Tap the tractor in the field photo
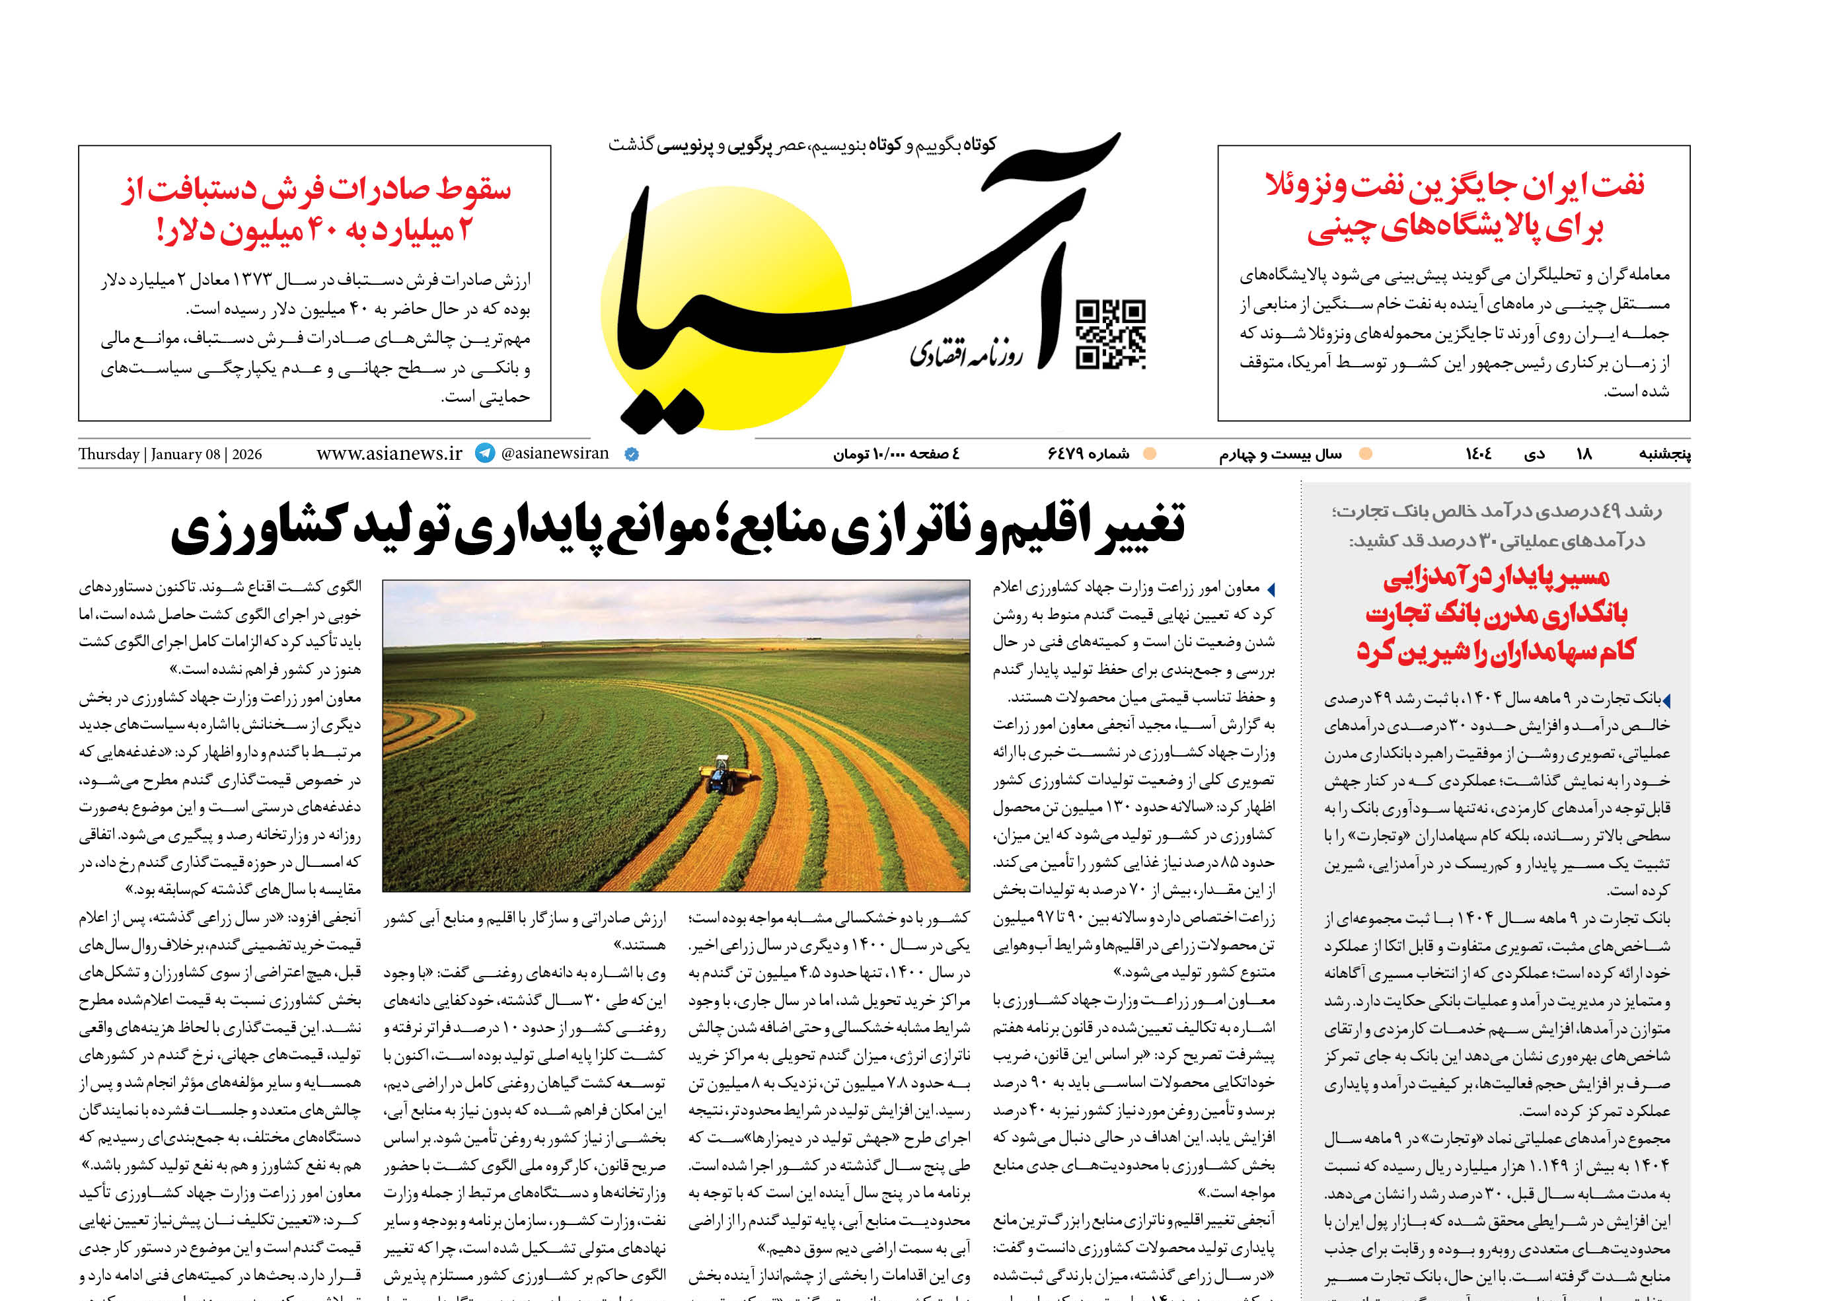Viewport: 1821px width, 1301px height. click(719, 774)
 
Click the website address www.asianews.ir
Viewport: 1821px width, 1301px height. click(389, 453)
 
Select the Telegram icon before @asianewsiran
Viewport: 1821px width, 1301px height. click(485, 453)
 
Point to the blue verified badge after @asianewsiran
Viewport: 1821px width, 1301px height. click(631, 454)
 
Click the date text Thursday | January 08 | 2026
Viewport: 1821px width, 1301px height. click(170, 454)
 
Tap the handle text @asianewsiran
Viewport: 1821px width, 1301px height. click(554, 453)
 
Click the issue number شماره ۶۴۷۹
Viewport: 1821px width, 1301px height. click(1088, 454)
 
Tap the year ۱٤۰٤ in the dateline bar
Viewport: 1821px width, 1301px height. click(1478, 454)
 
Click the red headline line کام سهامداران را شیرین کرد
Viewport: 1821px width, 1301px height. click(1495, 650)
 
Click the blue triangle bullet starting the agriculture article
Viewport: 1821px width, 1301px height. click(1270, 589)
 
